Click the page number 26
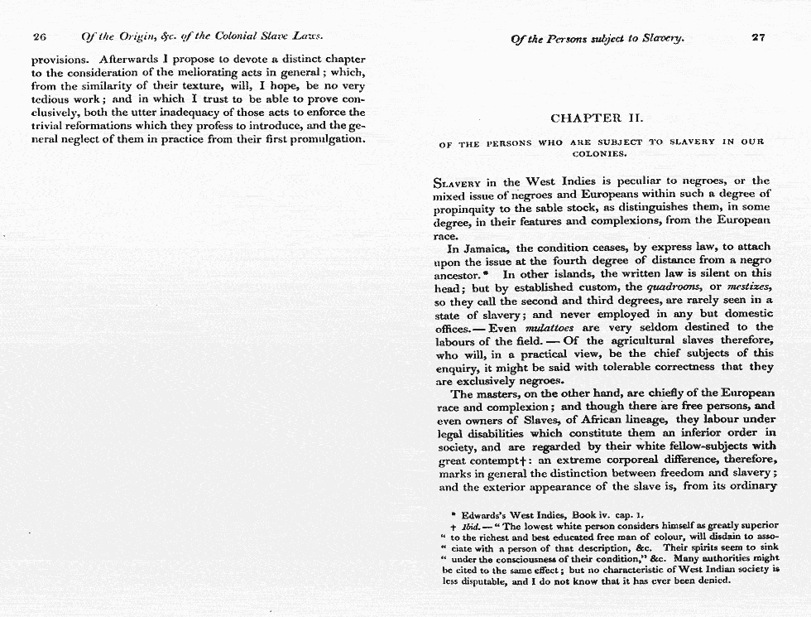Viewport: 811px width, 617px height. (38, 36)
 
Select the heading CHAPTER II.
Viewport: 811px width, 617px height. (597, 118)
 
